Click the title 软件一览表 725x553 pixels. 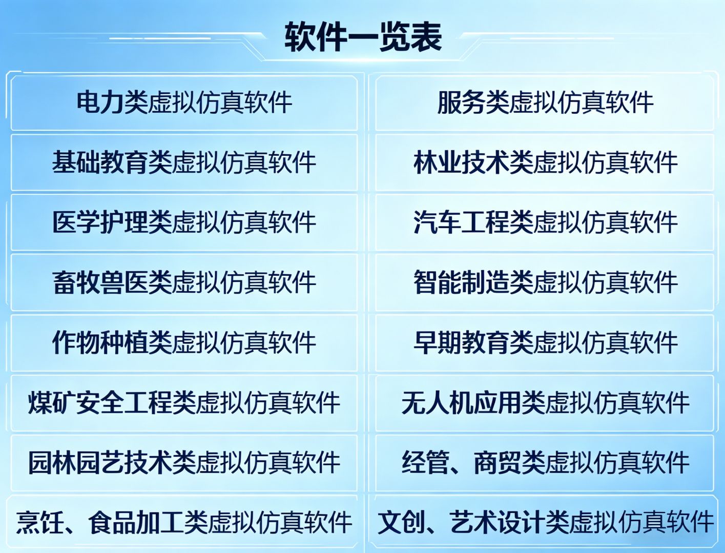363,37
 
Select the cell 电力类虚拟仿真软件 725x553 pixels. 184,103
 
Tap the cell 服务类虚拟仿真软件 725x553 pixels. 545,103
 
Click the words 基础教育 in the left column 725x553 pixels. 100,162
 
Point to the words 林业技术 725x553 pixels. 461,162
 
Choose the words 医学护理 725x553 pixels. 100,222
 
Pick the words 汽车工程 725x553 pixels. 461,222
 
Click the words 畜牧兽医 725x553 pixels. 100,282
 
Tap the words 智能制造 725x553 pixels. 461,282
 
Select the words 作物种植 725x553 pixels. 100,342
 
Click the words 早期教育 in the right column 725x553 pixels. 461,342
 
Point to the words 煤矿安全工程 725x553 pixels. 100,402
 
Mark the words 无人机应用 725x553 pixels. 461,402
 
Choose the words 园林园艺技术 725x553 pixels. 100,462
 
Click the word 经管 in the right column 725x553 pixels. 425,462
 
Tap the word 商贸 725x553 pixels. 498,462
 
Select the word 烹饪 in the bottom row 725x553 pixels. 40,522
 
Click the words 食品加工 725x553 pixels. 136,522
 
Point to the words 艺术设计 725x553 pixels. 498,522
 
